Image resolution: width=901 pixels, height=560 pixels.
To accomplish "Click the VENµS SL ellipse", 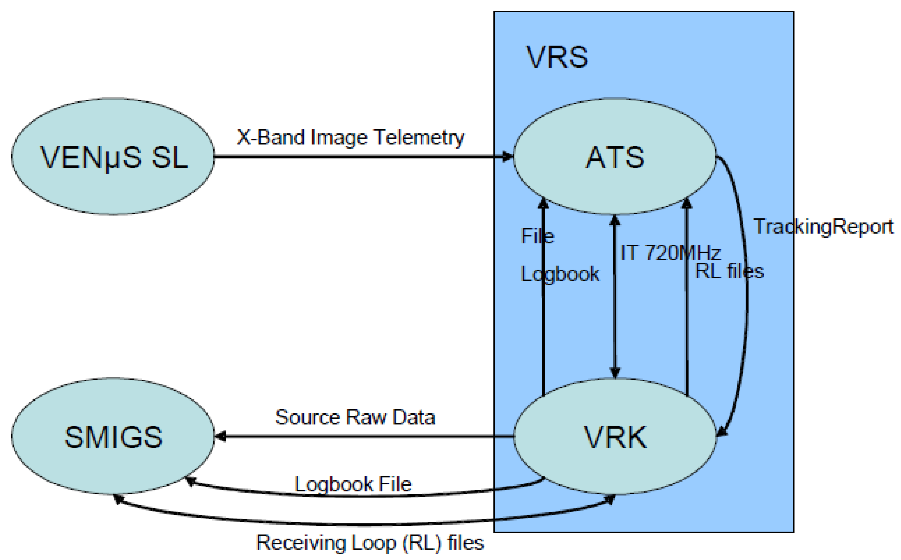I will pyautogui.click(x=113, y=156).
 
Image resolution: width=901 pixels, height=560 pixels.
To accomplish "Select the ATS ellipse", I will pyautogui.click(x=615, y=156).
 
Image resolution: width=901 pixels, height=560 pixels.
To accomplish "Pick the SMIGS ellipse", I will pyautogui.click(x=113, y=437).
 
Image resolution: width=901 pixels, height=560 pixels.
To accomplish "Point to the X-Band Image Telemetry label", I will pyautogui.click(x=350, y=137).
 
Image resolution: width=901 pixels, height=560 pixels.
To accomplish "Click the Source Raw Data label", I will pyautogui.click(x=355, y=417).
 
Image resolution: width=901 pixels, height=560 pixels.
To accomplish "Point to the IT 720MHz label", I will pyautogui.click(x=670, y=253).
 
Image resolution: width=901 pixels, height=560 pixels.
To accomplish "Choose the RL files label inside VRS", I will pyautogui.click(x=729, y=271).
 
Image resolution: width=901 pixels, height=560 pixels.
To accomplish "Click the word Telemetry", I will pyautogui.click(x=419, y=137).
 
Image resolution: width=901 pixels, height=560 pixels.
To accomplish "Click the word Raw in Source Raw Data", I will pyautogui.click(x=366, y=417).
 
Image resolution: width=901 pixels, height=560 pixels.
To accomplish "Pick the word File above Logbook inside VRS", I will pyautogui.click(x=537, y=236).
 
